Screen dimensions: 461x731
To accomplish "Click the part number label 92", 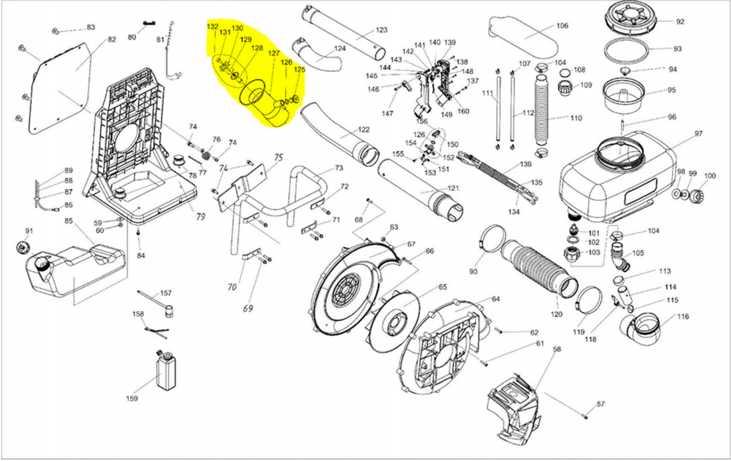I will point(680,21).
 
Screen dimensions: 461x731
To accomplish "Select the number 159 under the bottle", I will point(132,398).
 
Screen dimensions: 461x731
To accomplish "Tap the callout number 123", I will point(382,30).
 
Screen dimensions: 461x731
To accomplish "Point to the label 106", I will point(561,26).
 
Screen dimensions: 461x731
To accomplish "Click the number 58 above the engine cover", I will point(557,349).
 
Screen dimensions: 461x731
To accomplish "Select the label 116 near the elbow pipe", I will point(683,317).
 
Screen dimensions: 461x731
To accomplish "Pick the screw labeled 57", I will point(585,415).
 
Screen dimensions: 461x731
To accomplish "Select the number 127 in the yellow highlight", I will point(274,54).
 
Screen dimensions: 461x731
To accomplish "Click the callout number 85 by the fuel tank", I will point(68,220).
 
